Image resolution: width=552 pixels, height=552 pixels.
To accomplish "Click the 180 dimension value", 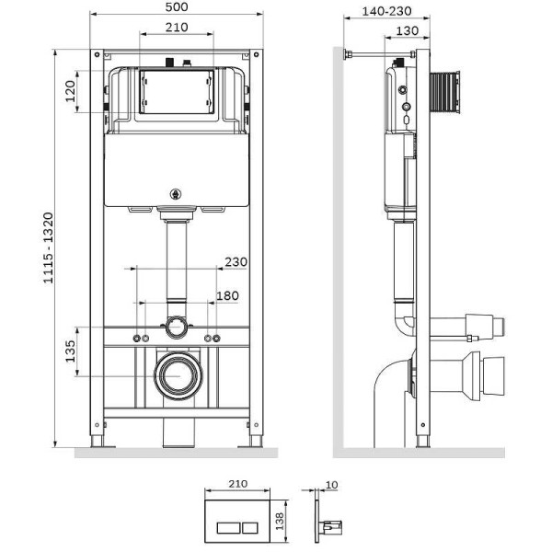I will pyautogui.click(x=226, y=295).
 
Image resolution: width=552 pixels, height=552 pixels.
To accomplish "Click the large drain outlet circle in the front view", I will pyautogui.click(x=178, y=374).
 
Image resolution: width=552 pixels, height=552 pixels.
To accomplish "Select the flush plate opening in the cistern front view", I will pyautogui.click(x=178, y=92).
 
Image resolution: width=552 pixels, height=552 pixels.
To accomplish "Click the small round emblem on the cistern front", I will pyautogui.click(x=178, y=194).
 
